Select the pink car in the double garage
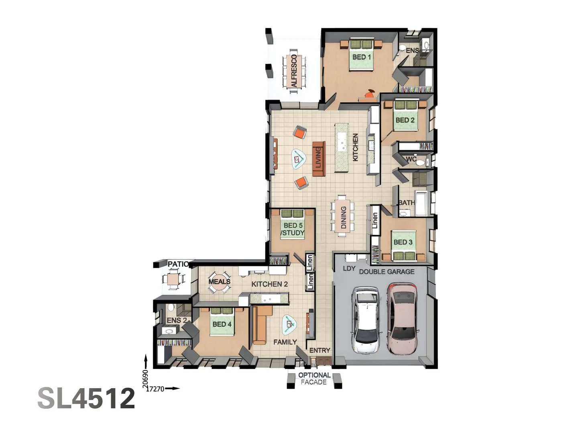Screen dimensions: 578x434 [402, 318]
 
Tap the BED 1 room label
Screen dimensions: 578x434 [361, 57]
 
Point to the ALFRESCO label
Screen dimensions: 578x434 [294, 71]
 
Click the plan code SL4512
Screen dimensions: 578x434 [86, 398]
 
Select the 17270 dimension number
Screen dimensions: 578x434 [155, 389]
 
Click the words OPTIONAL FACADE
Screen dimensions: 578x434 [314, 379]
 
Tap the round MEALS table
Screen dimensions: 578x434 [219, 282]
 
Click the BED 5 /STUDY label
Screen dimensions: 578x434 [293, 229]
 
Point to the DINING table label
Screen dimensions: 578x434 [343, 217]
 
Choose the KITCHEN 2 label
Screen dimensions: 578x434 [269, 284]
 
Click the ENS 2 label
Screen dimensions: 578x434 [177, 320]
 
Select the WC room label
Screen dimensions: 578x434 [411, 159]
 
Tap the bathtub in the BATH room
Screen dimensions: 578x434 [421, 203]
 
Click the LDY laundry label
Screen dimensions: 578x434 [349, 268]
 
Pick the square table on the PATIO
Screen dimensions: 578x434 [173, 279]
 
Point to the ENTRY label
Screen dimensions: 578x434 [320, 350]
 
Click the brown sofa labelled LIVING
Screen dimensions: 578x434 [319, 159]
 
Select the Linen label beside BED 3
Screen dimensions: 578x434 [375, 221]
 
